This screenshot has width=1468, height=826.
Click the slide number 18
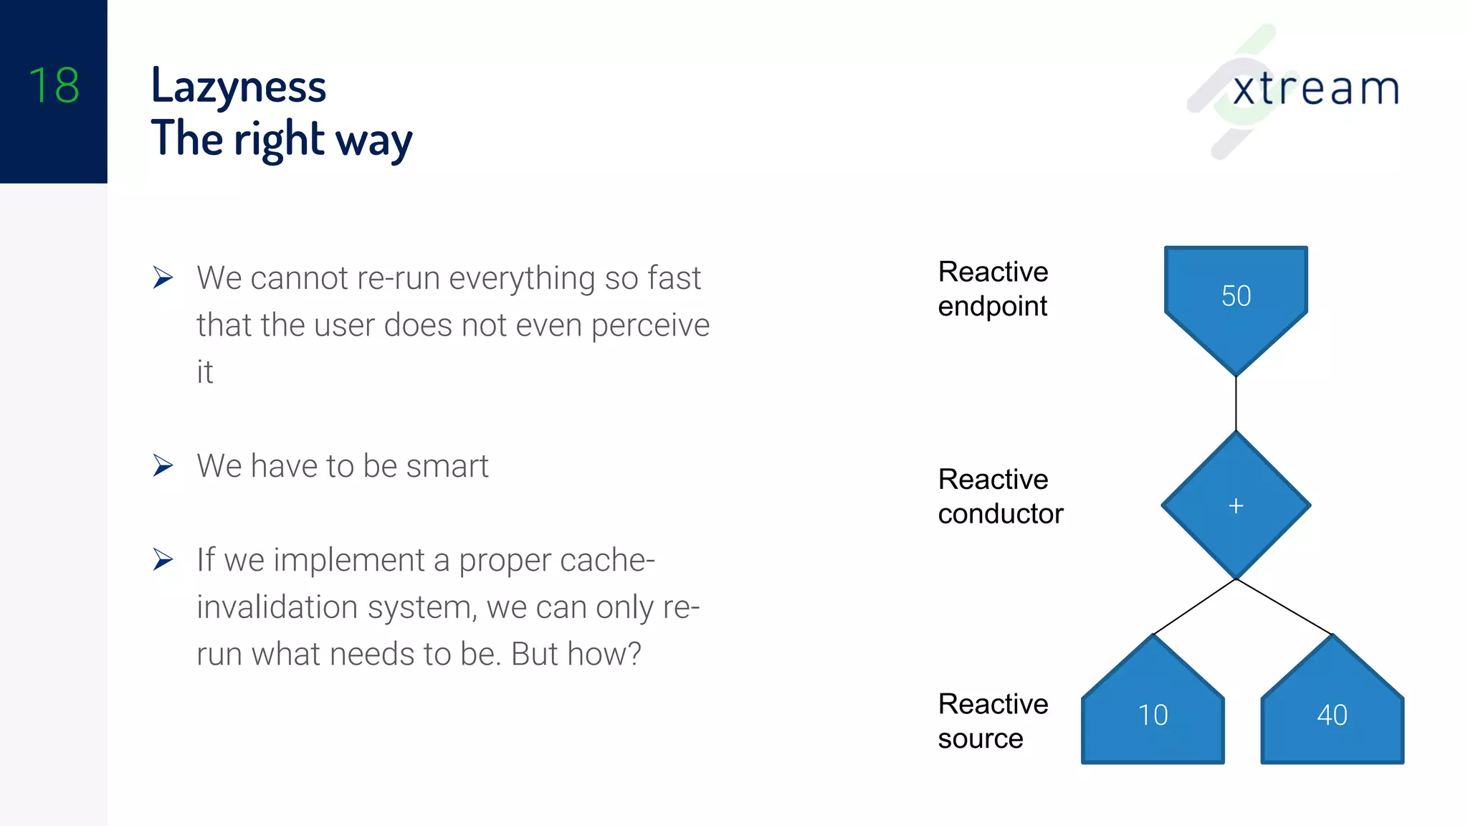tap(54, 85)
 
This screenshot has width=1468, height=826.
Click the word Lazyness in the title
tap(239, 87)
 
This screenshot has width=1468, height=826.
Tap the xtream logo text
tap(1315, 89)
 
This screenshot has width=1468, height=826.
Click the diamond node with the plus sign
tap(1236, 505)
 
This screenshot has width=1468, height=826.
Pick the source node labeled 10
tap(1153, 714)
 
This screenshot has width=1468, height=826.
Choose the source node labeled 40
tap(1332, 714)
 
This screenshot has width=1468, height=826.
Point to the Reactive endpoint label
tap(993, 289)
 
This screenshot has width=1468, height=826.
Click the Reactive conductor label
tap(1000, 496)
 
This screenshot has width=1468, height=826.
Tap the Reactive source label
tap(993, 721)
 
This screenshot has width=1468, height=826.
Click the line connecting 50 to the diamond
tap(1236, 403)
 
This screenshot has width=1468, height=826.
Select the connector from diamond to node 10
tap(1195, 607)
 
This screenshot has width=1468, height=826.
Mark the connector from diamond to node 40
tap(1284, 607)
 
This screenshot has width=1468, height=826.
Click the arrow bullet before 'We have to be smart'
tap(163, 466)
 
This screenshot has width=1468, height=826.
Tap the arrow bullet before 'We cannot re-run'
tap(163, 277)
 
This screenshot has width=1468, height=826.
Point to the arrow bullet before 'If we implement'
tap(163, 559)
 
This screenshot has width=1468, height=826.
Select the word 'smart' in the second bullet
tap(447, 466)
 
